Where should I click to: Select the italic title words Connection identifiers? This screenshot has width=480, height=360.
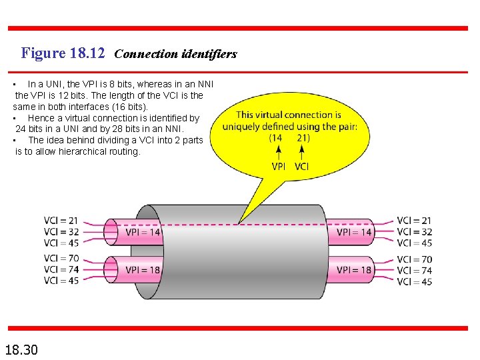pyautogui.click(x=175, y=54)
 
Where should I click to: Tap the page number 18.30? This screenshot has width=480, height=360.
pyautogui.click(x=21, y=349)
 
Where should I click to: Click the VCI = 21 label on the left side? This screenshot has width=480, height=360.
pyautogui.click(x=61, y=221)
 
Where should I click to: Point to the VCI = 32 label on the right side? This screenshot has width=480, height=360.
pyautogui.click(x=414, y=232)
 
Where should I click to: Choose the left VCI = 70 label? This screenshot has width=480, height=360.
pyautogui.click(x=61, y=259)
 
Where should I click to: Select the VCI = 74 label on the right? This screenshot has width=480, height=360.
pyautogui.click(x=414, y=271)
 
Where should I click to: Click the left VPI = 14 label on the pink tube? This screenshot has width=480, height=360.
pyautogui.click(x=143, y=233)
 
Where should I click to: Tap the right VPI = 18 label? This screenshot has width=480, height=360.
pyautogui.click(x=354, y=270)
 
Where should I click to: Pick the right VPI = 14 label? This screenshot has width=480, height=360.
pyautogui.click(x=354, y=233)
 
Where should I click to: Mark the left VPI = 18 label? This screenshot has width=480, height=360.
pyautogui.click(x=143, y=270)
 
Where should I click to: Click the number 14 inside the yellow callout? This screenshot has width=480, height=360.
pyautogui.click(x=275, y=138)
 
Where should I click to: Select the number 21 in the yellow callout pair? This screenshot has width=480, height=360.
pyautogui.click(x=303, y=138)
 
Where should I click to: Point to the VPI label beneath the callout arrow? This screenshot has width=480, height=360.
pyautogui.click(x=279, y=166)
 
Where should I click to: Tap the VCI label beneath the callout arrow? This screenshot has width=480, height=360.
pyautogui.click(x=301, y=166)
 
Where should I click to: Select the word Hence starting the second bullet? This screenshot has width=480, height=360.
pyautogui.click(x=41, y=118)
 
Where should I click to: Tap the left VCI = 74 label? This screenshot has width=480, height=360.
pyautogui.click(x=61, y=270)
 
